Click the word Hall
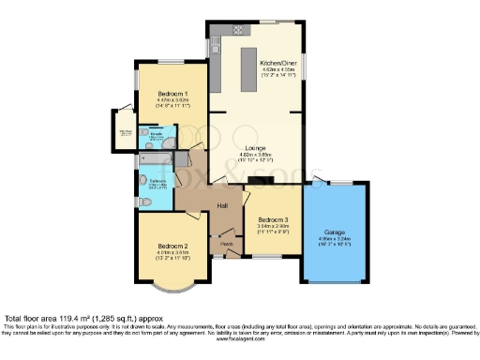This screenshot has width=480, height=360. click(x=223, y=205)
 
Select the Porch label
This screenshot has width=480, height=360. click(x=226, y=245)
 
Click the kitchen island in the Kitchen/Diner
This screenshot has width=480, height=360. click(x=250, y=71)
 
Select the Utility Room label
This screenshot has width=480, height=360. click(x=123, y=132)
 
